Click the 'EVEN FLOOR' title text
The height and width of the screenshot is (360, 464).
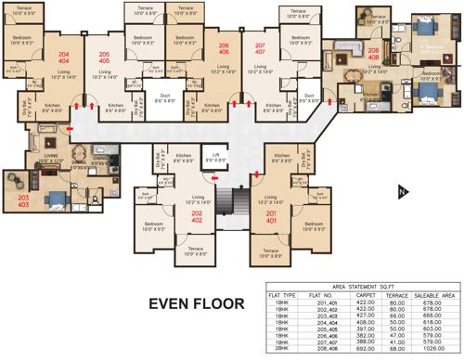[x=198, y=302]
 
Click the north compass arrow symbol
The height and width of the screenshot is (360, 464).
[x=401, y=192]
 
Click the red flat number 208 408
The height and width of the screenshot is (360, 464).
[x=373, y=55]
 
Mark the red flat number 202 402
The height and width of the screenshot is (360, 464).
[x=198, y=219]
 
